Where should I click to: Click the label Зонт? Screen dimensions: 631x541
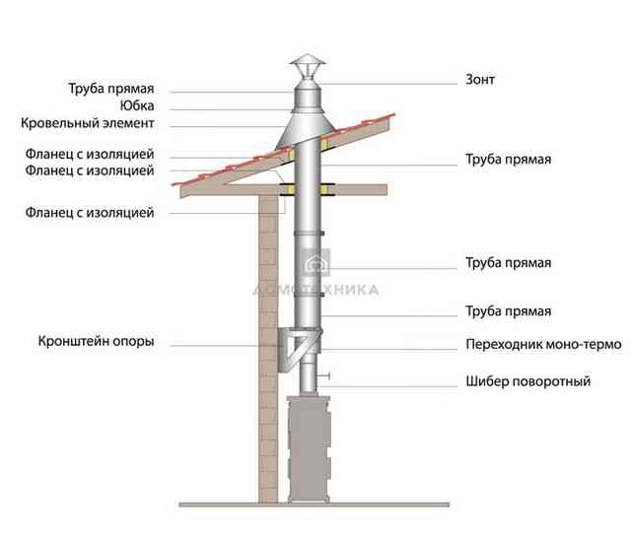[480, 79]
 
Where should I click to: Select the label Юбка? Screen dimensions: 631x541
[137, 105]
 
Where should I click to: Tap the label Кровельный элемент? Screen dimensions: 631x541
[88, 122]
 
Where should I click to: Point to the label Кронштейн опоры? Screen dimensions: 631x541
[96, 341]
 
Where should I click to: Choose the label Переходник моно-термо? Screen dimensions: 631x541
[543, 344]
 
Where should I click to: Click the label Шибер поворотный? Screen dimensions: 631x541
[528, 381]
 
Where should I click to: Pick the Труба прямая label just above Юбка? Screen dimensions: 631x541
[111, 89]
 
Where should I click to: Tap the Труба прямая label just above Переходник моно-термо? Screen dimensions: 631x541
[509, 311]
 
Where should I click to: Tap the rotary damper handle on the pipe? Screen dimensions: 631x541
[324, 375]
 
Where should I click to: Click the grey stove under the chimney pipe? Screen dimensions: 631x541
[309, 449]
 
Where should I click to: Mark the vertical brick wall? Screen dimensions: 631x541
[268, 349]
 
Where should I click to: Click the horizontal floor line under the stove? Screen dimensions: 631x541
[314, 505]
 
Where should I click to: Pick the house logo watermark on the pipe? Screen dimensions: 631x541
[316, 263]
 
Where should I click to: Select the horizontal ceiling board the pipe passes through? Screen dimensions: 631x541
[284, 190]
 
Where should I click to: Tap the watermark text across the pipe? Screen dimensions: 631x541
[315, 290]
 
